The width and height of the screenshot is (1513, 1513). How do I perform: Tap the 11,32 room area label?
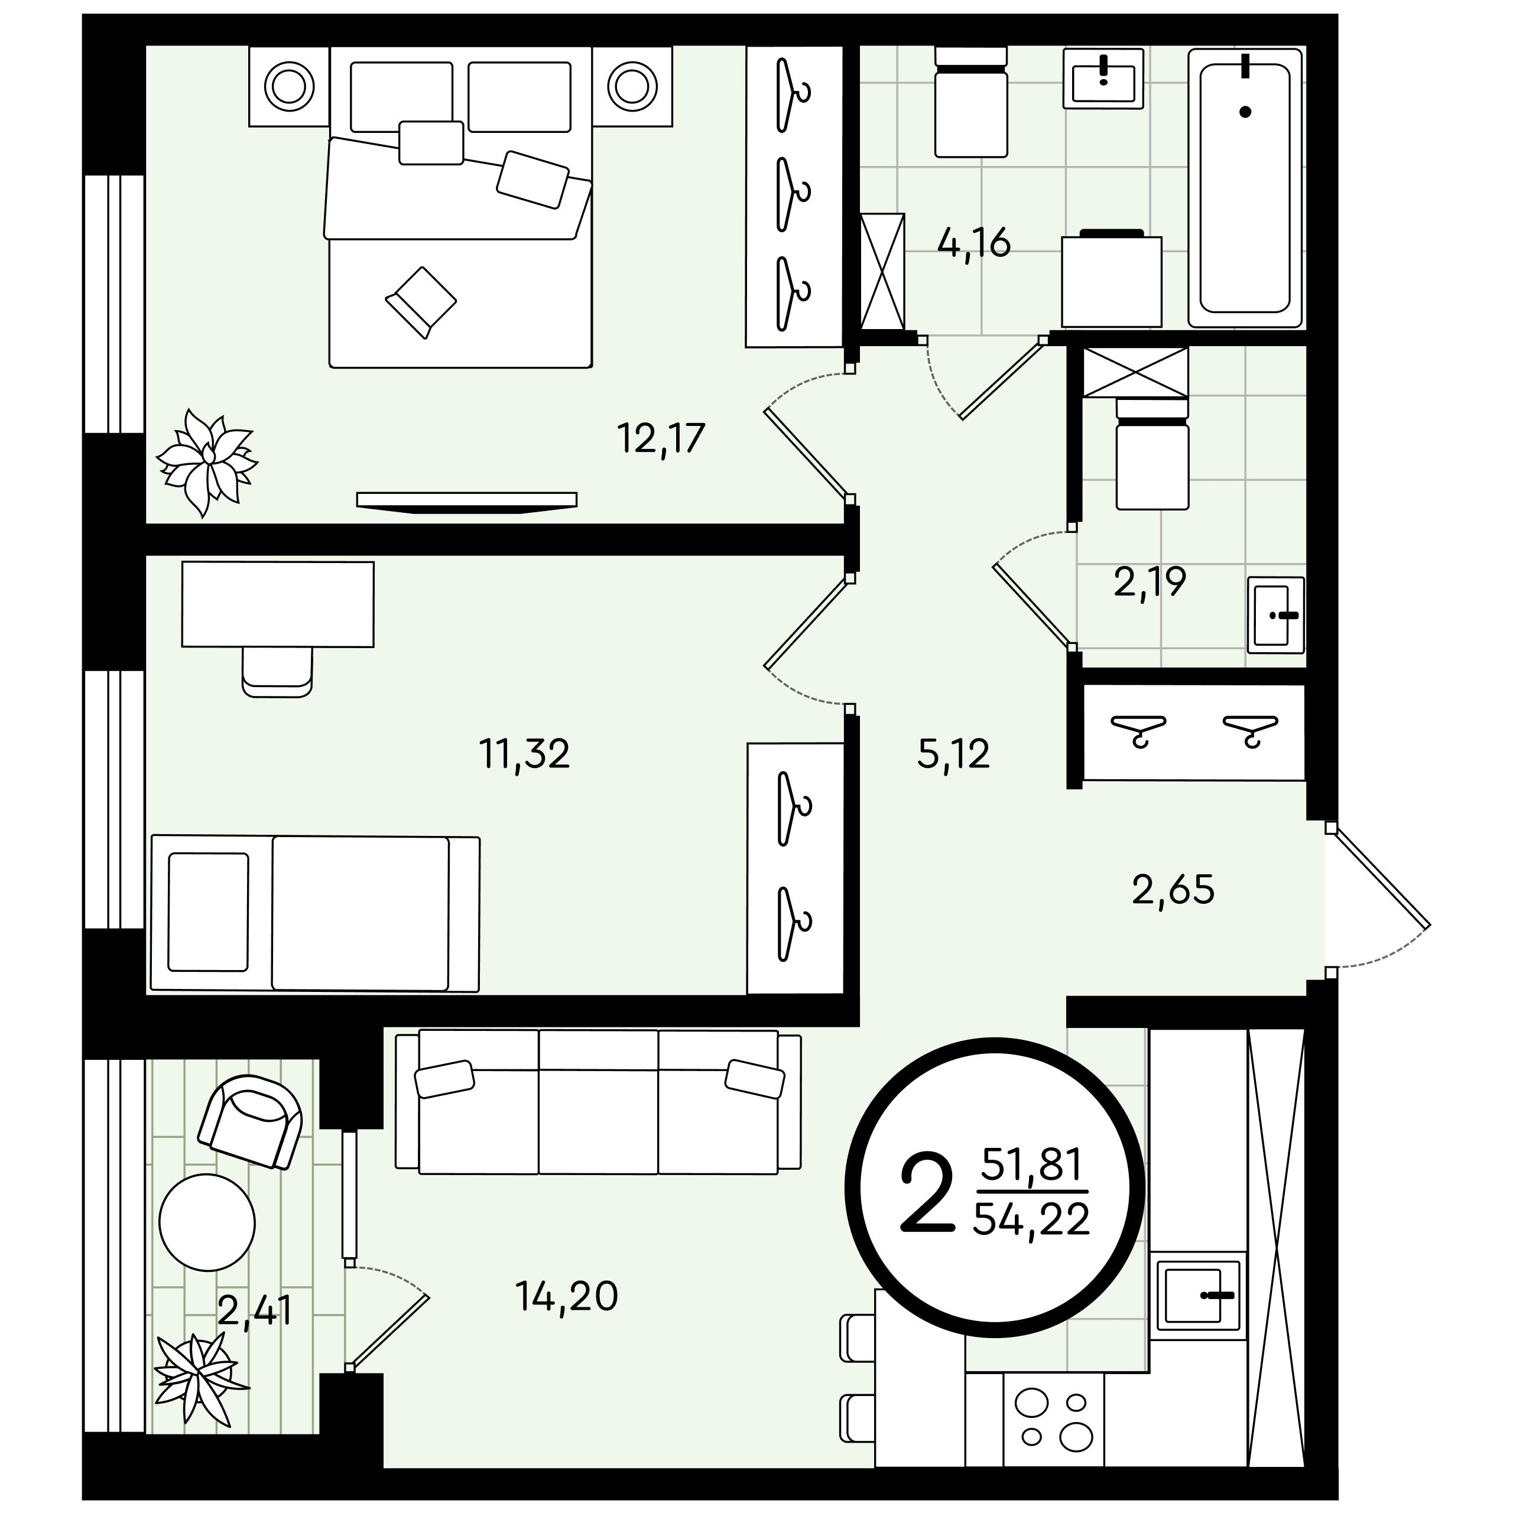(x=524, y=754)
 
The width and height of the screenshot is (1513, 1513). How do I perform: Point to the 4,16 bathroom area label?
(x=974, y=243)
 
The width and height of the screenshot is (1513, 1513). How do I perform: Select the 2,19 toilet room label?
(x=1150, y=582)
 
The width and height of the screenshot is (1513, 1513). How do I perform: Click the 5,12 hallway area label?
(x=953, y=754)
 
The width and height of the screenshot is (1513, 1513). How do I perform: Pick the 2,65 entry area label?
(x=1173, y=890)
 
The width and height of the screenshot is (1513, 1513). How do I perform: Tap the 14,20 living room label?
(x=567, y=1296)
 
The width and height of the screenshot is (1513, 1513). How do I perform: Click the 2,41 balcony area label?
(x=255, y=1310)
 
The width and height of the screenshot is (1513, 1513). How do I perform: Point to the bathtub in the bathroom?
(x=1244, y=188)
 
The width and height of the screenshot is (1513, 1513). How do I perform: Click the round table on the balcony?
(x=207, y=1222)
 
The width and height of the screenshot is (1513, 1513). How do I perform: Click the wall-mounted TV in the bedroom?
(x=467, y=502)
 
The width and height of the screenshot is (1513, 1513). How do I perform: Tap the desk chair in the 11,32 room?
(x=277, y=671)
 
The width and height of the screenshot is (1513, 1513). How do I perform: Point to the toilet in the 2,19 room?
(x=1152, y=452)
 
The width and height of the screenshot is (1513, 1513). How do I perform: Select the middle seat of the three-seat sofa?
(x=599, y=1102)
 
